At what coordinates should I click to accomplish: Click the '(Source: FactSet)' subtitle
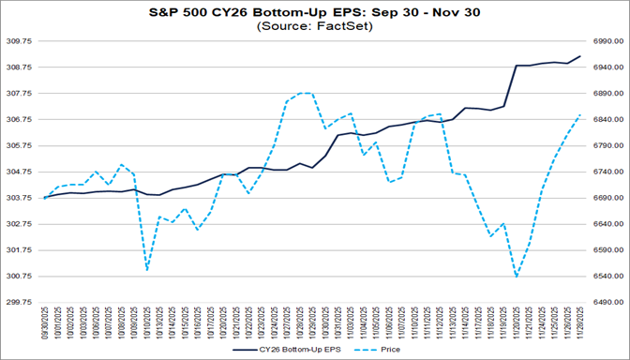[x=314, y=28]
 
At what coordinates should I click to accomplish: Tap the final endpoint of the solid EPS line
[x=580, y=56]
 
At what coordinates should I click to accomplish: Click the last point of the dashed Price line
[x=580, y=115]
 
